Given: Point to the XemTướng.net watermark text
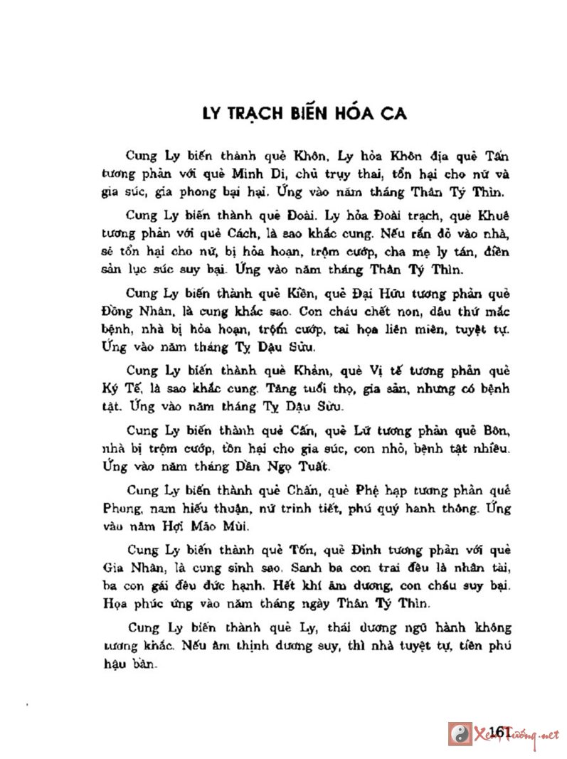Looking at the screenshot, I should [524, 734].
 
